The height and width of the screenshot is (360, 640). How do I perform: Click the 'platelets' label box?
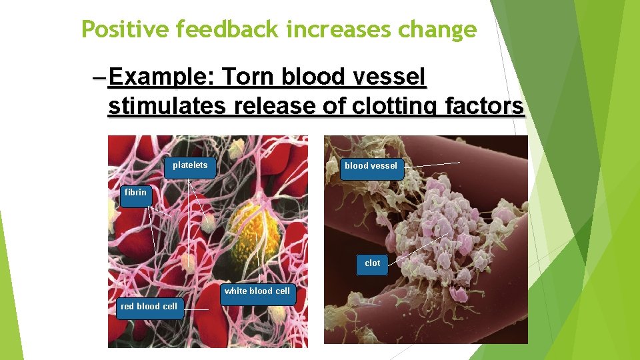190,167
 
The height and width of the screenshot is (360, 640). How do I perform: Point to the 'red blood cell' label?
149,307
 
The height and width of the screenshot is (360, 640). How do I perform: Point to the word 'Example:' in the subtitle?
159,78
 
